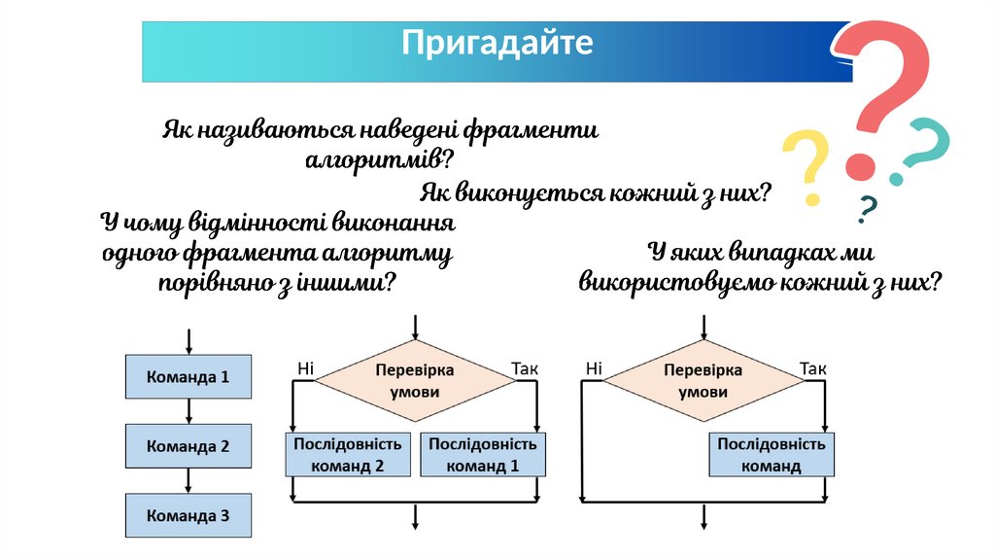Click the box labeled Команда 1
point(188,376)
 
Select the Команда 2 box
point(188,446)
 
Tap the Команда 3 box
point(188,516)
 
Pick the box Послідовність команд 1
point(482,454)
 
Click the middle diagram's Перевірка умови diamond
point(415,381)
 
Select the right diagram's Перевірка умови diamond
point(703,381)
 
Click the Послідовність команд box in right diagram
point(772,454)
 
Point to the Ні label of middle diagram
point(305,368)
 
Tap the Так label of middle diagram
point(524,368)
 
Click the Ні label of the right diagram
point(595,368)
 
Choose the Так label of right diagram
point(812,368)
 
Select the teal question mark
point(922,151)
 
